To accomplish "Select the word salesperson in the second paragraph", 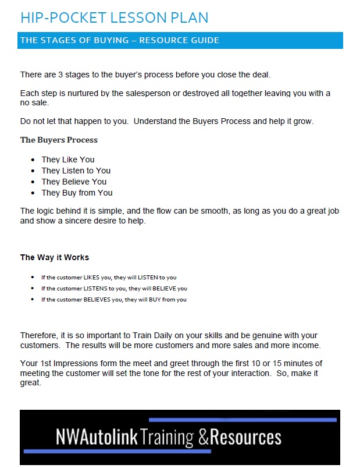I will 144,93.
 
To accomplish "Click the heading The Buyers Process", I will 59,140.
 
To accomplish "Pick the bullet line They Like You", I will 67,159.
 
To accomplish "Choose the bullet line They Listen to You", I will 76,171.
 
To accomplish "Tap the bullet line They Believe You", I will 74,182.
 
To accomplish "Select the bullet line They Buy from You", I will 77,193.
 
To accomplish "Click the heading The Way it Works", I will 55,257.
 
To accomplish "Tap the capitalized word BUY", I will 155,300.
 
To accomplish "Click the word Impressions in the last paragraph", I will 62,364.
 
